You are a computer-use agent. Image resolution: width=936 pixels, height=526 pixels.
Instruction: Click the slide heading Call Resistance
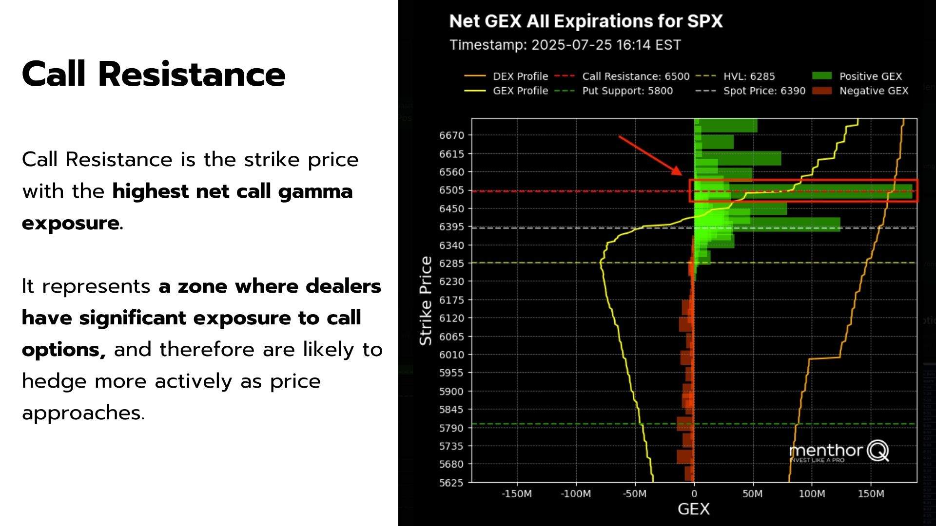[154, 75]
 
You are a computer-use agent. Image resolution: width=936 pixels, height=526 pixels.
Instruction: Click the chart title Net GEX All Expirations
[585, 21]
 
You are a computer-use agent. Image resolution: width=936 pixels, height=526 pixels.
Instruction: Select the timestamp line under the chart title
[565, 45]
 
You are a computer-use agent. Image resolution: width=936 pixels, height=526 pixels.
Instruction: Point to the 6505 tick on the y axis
[451, 190]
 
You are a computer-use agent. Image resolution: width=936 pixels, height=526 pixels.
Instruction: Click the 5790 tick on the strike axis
[451, 428]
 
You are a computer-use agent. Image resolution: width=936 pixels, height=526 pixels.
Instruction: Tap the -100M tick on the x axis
[576, 494]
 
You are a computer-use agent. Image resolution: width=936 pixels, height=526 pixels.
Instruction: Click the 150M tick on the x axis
[871, 494]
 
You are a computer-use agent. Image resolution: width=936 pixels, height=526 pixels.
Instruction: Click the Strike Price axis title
[426, 301]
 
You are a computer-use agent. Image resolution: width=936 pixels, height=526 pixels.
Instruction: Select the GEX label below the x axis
[693, 509]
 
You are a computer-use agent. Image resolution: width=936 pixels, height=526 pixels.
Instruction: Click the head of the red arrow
[678, 171]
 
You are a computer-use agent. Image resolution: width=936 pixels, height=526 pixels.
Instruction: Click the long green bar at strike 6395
[790, 224]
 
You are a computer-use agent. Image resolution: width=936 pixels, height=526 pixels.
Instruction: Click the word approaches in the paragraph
[83, 413]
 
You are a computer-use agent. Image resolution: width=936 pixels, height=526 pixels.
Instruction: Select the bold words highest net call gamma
[232, 191]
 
